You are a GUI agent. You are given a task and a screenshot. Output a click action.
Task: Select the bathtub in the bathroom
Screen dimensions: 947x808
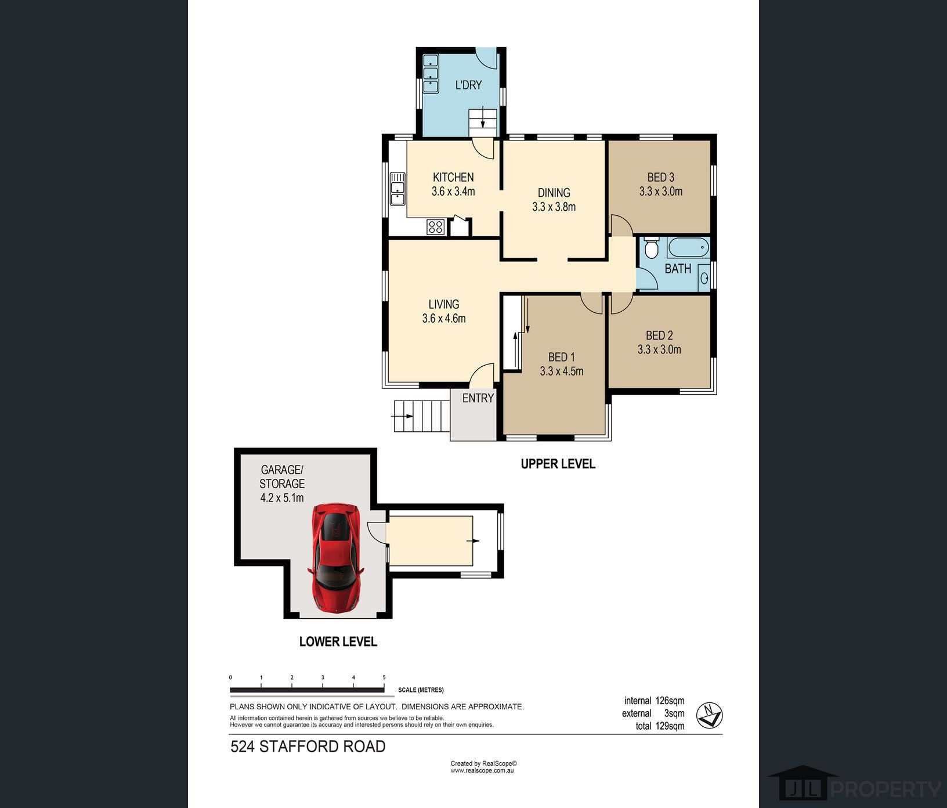688,248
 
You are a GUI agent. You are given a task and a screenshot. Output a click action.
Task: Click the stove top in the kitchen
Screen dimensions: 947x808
436,226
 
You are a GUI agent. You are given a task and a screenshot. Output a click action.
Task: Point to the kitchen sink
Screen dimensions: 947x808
397,189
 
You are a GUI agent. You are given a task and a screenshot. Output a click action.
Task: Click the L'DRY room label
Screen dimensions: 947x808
468,85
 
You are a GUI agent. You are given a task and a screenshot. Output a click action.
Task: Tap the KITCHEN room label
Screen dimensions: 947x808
453,177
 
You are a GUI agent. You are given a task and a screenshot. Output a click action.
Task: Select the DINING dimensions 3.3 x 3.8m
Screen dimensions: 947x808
554,207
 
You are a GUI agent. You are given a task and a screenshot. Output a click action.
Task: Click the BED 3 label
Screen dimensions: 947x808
661,177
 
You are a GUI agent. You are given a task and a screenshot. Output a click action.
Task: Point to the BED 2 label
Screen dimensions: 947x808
659,335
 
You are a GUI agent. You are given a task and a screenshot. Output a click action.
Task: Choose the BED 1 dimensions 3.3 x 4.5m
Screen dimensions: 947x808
562,371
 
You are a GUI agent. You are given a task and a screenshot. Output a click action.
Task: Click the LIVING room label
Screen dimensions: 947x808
444,304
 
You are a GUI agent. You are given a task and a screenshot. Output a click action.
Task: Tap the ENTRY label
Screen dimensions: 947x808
478,398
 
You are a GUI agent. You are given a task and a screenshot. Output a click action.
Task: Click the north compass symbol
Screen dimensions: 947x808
710,715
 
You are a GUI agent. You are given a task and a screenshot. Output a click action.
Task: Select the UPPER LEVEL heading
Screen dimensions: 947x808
558,464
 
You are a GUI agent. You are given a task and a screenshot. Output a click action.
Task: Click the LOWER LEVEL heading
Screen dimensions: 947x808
338,641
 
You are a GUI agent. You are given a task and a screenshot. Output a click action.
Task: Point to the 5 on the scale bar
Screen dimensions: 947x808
384,677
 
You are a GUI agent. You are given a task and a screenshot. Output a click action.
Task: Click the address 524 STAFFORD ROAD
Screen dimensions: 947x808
308,746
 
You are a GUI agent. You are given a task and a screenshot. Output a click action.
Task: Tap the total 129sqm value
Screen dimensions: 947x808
670,726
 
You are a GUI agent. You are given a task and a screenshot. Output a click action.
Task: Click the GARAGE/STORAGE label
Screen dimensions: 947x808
282,477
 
